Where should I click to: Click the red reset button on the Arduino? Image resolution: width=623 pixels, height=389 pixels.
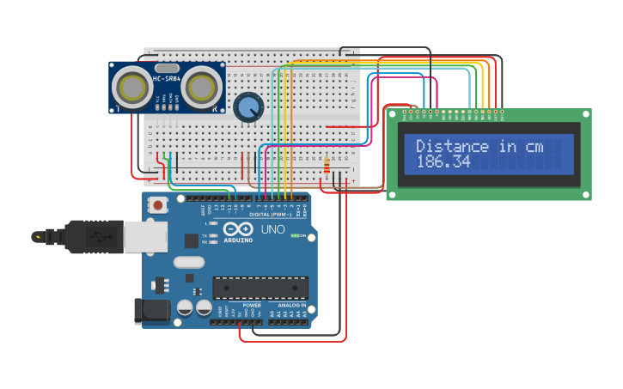pos(159,205)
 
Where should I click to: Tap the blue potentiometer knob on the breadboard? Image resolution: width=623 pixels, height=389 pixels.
pos(248,107)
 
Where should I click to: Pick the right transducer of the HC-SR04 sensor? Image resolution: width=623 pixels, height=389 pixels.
pos(200,87)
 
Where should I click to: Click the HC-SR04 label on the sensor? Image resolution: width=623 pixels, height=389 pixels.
pos(167,80)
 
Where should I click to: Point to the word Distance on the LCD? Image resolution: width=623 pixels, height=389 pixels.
pos(452,146)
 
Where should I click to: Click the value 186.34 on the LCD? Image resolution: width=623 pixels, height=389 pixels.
pos(443,161)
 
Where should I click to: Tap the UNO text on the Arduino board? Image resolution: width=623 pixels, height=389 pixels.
pos(272,229)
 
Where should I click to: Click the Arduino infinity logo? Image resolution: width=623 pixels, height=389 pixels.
pos(237,229)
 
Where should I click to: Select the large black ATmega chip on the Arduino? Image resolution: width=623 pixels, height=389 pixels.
pos(260,288)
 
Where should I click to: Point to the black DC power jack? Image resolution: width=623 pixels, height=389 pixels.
pos(151,311)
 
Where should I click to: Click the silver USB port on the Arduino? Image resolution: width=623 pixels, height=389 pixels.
pos(144,237)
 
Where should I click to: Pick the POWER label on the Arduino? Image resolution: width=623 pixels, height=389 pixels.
pos(252,305)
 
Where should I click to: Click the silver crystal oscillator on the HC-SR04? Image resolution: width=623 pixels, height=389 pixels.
pos(168,68)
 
